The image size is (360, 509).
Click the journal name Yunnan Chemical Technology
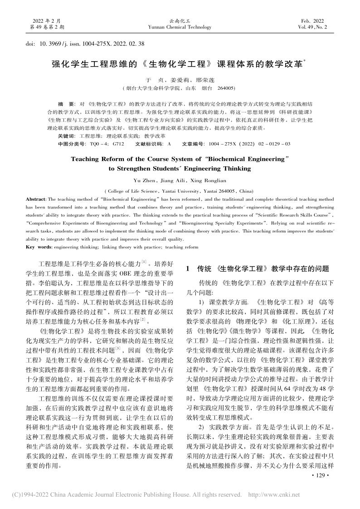180,27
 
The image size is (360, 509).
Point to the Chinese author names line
180,79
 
